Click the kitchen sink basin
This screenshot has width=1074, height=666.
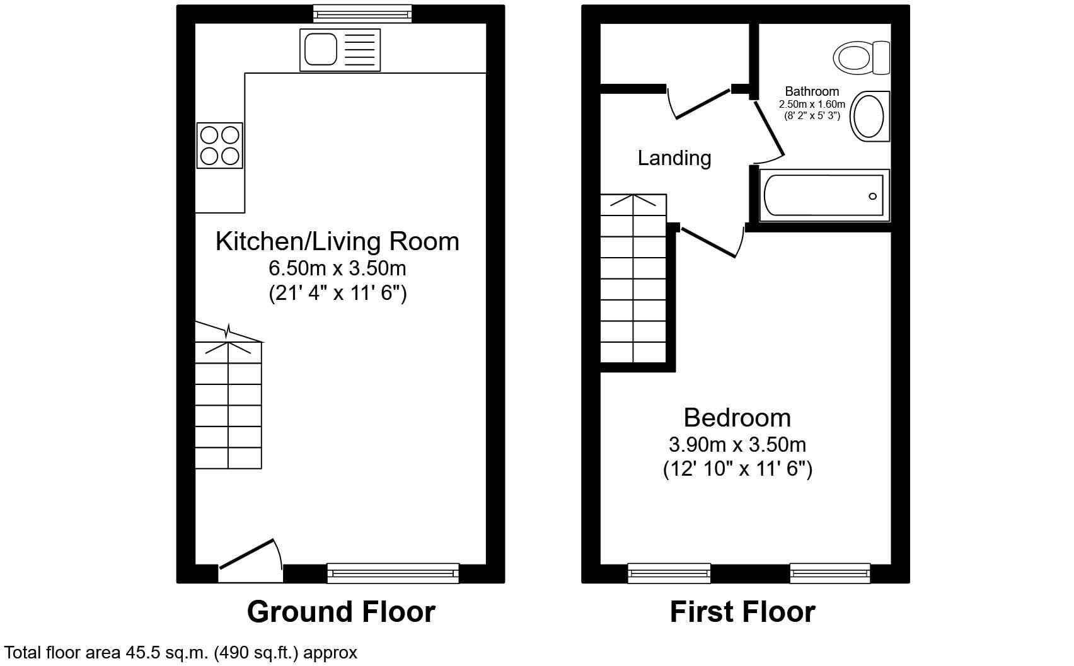321,49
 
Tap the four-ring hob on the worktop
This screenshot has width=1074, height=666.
219,146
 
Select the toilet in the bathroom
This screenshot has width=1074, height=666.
862,57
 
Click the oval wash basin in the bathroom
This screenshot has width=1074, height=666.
869,116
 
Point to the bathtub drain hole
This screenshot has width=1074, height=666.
872,196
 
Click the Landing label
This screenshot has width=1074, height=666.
674,158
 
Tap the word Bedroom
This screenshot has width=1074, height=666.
737,417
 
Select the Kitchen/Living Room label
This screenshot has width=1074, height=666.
337,241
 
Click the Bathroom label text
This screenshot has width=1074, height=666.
812,91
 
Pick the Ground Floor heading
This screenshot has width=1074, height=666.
341,612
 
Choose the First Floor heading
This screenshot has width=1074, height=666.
742,612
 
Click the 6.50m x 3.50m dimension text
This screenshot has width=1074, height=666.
337,268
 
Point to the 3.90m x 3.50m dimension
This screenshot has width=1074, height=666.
737,444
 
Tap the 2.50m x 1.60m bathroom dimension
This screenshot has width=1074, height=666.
812,104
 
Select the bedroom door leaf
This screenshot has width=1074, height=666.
708,243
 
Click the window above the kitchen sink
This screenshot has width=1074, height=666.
362,14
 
